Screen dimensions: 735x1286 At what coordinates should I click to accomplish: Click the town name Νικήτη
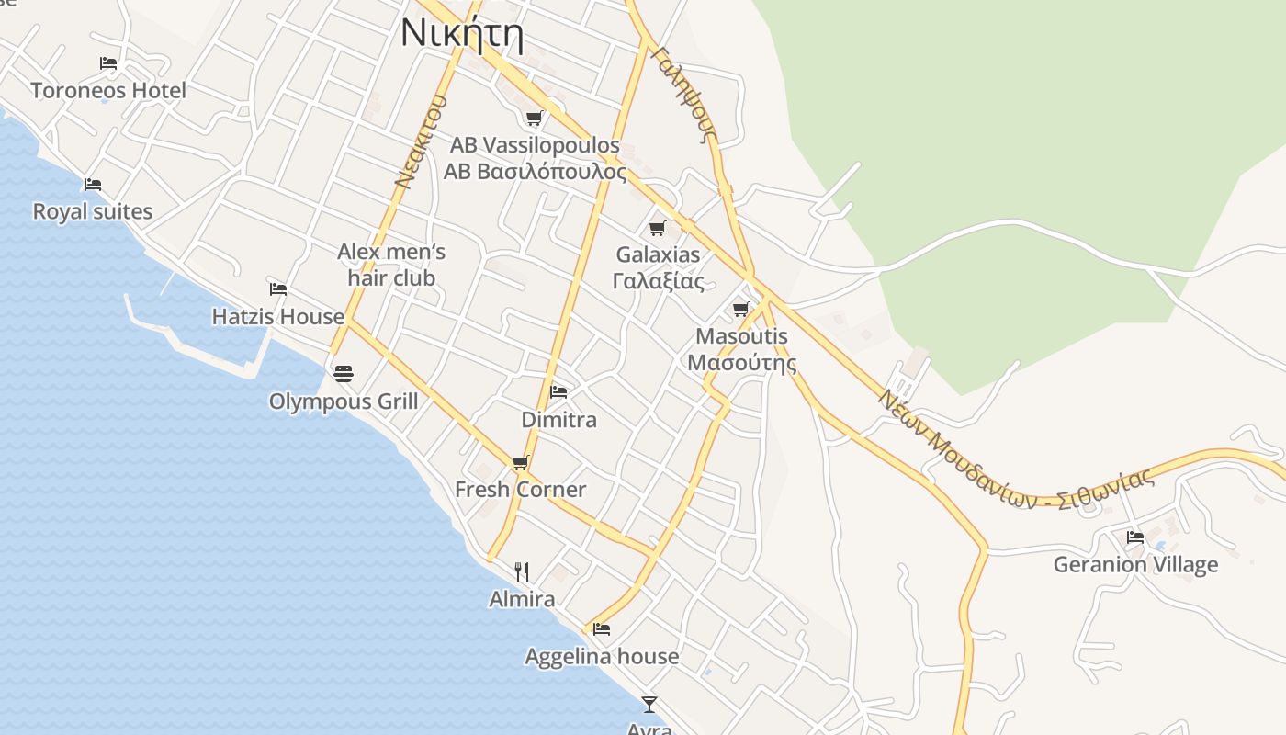pos(462,35)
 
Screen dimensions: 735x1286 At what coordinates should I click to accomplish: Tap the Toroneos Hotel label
pos(108,90)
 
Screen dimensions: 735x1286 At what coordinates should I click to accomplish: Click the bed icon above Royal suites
pos(92,185)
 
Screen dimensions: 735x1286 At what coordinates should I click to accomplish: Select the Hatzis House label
pos(277,317)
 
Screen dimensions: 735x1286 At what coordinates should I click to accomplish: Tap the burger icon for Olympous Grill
pos(344,374)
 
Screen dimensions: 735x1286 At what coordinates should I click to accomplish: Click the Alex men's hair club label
pos(391,265)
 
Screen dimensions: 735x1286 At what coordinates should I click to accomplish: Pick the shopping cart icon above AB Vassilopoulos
pos(534,118)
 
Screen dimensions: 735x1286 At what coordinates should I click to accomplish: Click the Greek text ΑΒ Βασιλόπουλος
pos(535,172)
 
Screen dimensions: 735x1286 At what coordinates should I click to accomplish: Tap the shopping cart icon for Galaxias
pos(657,228)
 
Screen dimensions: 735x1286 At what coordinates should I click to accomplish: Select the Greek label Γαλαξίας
pos(658,281)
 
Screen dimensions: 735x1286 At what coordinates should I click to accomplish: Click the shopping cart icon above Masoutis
pos(741,309)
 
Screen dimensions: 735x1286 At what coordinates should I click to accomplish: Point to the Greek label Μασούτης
pos(741,362)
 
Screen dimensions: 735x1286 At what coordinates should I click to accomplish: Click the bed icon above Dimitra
pos(558,392)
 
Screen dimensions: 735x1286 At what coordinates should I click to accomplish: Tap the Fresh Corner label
pos(520,490)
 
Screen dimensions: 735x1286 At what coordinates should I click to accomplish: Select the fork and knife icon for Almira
pos(521,572)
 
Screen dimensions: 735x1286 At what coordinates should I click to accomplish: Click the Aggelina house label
pos(602,656)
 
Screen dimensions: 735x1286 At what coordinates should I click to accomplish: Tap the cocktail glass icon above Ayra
pos(649,705)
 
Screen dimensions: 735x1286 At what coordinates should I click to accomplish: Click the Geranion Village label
pos(1135,564)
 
